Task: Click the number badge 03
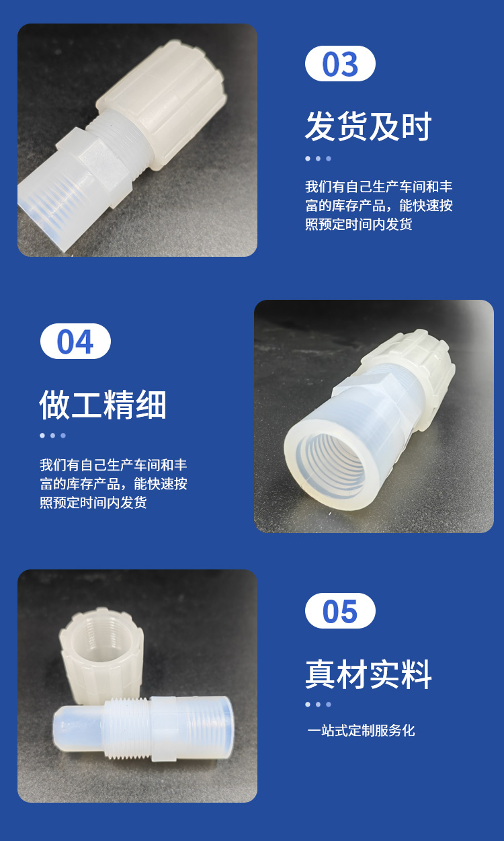(x=340, y=63)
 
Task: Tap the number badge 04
(x=75, y=341)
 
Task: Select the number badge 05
(x=340, y=611)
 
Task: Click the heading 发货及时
(x=368, y=126)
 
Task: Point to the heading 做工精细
(x=103, y=404)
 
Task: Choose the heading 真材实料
(x=368, y=674)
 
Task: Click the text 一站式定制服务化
(x=361, y=731)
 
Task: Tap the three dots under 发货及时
(x=319, y=159)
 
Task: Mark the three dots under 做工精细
(x=53, y=436)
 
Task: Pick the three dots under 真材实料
(x=319, y=705)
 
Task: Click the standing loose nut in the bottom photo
(x=101, y=655)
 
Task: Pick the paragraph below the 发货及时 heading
(x=378, y=205)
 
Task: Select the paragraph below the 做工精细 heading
(x=114, y=483)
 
